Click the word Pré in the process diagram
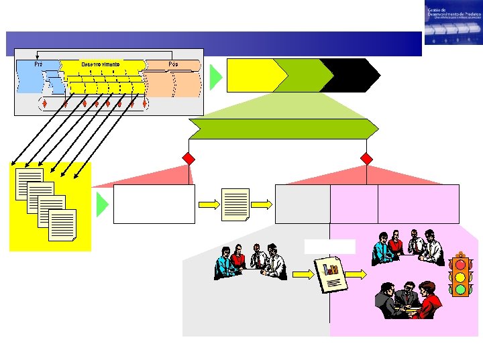(x=38, y=64)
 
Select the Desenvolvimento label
(x=101, y=64)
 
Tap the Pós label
(x=173, y=64)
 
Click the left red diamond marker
(x=189, y=159)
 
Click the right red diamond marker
(x=366, y=159)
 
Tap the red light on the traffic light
(x=460, y=264)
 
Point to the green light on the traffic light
(x=460, y=290)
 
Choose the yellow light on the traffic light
(x=460, y=277)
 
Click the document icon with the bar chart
(x=331, y=274)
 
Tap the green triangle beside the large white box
(x=102, y=204)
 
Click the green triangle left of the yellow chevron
(x=215, y=77)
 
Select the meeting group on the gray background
(x=250, y=261)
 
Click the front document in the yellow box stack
(x=62, y=226)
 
